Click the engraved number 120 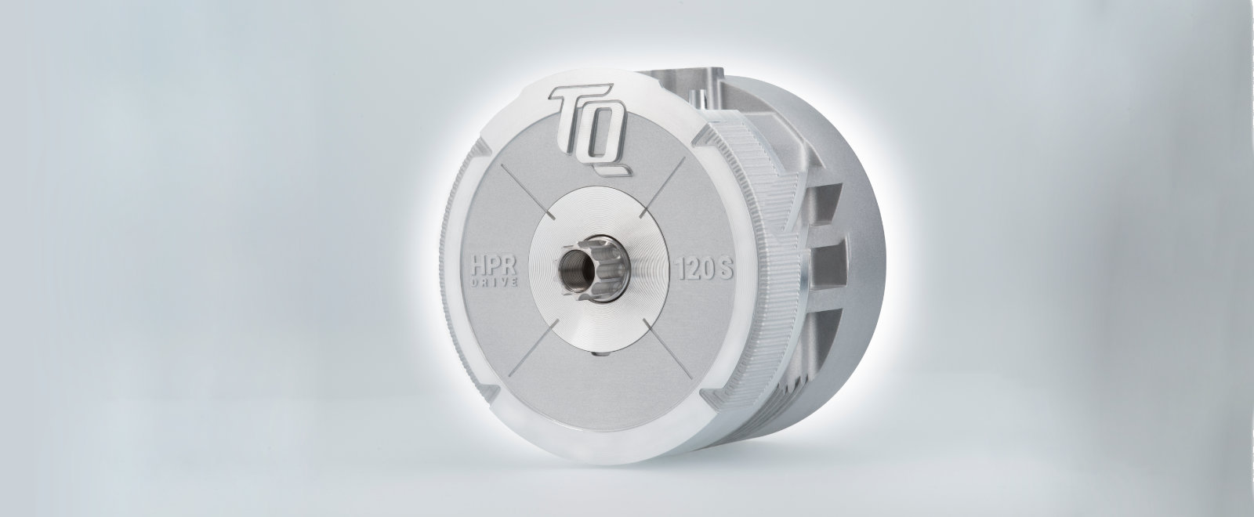click(691, 274)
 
